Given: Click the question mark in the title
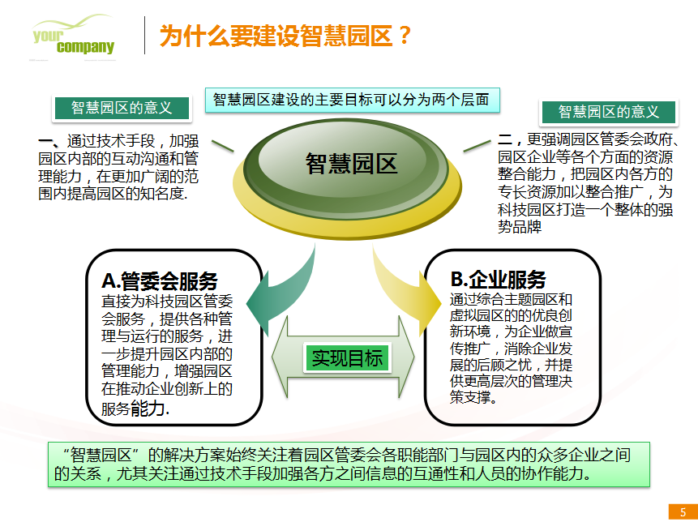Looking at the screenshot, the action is [405, 36].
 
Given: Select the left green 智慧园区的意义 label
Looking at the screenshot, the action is [122, 108].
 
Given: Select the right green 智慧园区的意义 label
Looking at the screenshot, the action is [609, 112].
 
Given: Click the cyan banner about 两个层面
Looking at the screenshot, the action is [352, 100].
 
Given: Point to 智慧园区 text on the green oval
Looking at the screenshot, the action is [351, 163].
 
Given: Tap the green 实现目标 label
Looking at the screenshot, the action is [347, 357].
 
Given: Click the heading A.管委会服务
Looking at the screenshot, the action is [160, 280].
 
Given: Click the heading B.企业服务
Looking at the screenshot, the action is [498, 279].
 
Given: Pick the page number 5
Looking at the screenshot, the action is [683, 511].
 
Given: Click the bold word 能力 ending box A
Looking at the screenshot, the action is [148, 408].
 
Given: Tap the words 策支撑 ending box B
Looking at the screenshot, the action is [470, 397].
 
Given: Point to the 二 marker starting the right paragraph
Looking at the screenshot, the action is [505, 139].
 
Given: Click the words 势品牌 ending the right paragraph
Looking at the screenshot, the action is [520, 227].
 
